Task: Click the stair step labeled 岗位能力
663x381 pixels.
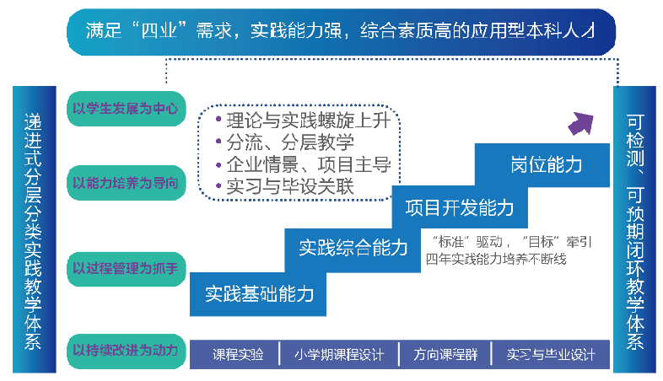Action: pyautogui.click(x=546, y=165)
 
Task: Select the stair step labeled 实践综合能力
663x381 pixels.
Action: pyautogui.click(x=353, y=248)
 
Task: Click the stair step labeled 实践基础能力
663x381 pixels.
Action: pyautogui.click(x=259, y=293)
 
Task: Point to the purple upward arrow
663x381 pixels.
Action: pyautogui.click(x=581, y=123)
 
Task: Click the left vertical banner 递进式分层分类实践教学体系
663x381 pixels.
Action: pyautogui.click(x=33, y=228)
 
